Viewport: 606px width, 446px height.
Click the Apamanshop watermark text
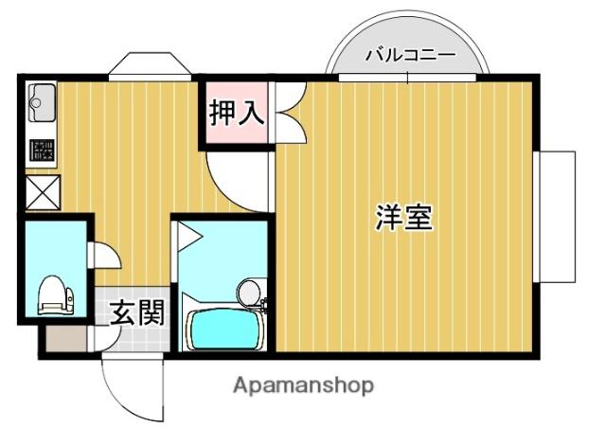tap(303, 385)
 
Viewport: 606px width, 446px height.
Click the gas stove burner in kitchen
tap(42, 150)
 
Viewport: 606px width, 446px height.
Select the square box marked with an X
tap(41, 191)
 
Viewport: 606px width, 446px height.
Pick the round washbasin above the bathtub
tap(250, 292)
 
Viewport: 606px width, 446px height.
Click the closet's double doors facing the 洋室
tap(288, 115)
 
